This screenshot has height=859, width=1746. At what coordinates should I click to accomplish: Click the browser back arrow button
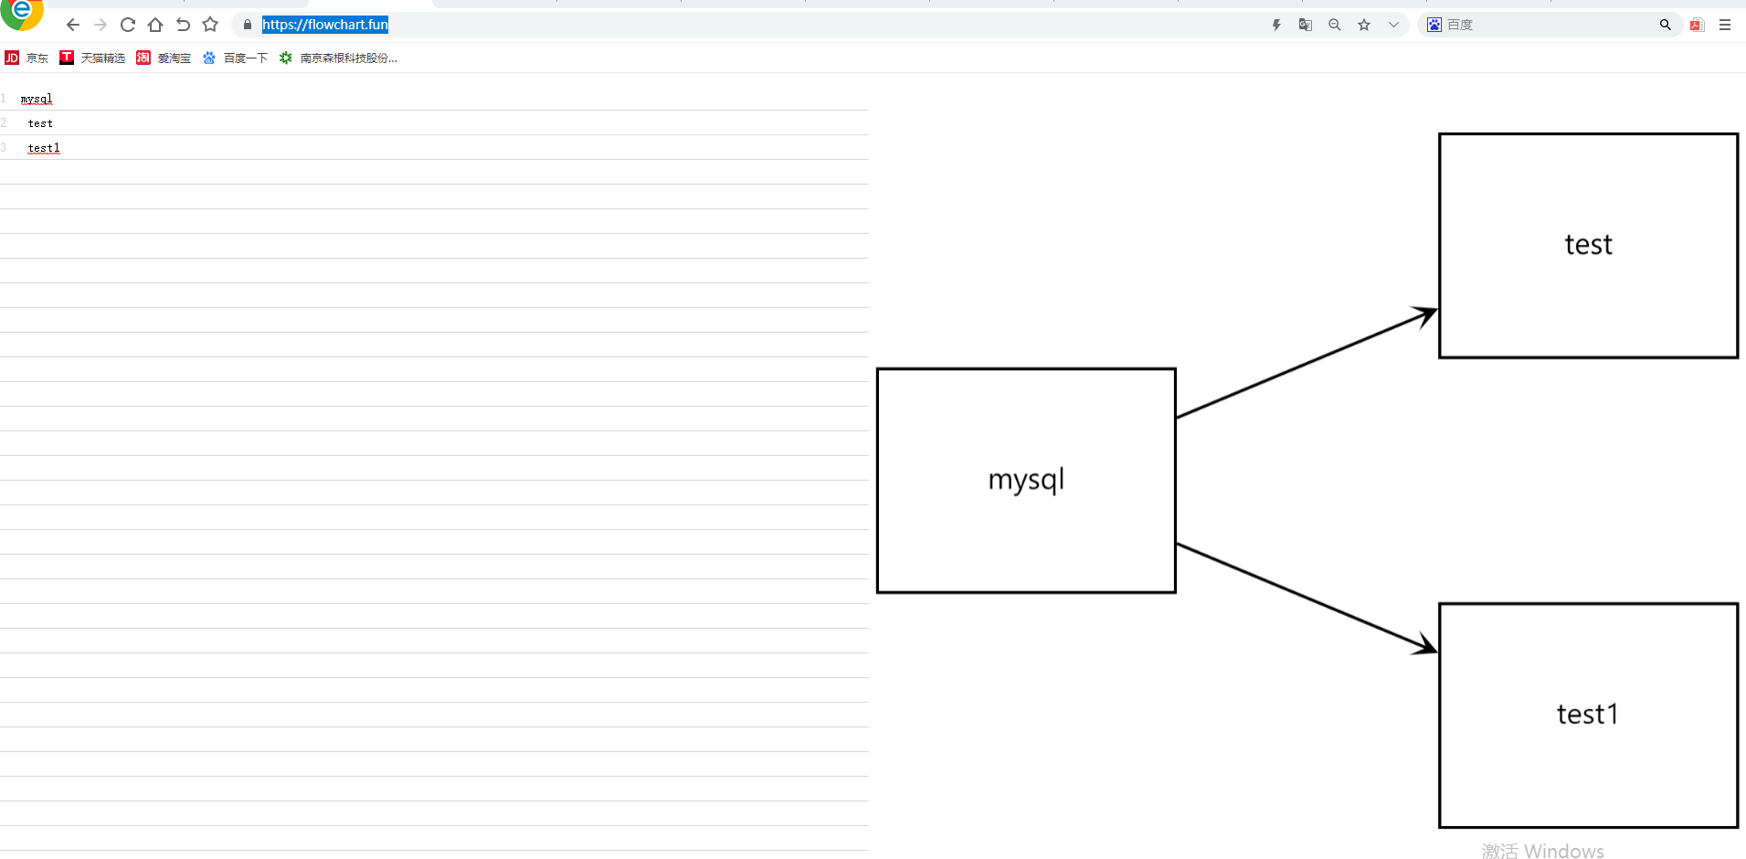[73, 25]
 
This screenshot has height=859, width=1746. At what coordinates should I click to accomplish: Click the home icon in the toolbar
[155, 25]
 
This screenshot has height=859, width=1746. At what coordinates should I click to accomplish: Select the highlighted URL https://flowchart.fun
[324, 25]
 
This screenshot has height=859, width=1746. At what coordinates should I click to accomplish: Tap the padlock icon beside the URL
[247, 25]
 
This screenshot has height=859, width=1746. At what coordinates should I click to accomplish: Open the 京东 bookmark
[27, 58]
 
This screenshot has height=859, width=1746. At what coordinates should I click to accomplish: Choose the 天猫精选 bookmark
[92, 58]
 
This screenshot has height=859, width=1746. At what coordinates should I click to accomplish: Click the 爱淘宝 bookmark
[164, 58]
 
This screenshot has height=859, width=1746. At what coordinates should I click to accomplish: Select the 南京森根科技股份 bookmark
[338, 58]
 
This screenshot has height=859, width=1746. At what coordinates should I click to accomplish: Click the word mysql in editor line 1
[37, 99]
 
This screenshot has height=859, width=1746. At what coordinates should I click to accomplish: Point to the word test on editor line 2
[40, 123]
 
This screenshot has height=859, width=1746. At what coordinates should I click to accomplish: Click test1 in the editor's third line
[44, 148]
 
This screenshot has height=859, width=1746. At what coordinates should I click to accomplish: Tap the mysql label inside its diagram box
[1026, 480]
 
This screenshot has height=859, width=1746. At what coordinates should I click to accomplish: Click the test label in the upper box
[1588, 245]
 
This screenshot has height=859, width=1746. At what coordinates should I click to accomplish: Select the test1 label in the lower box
[1587, 714]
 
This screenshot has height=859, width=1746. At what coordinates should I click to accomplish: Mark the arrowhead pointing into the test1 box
[1424, 646]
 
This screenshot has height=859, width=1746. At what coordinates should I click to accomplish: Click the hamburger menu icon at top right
[1725, 25]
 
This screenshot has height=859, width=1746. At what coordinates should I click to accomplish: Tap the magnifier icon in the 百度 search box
[1665, 25]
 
